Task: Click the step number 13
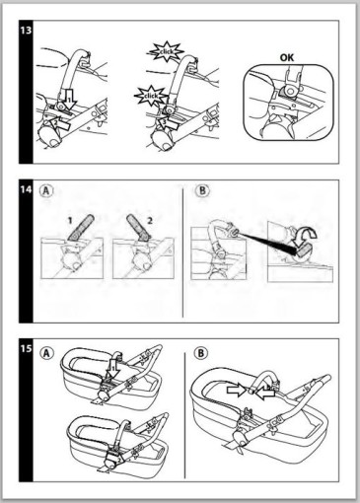click(26, 31)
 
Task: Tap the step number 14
click(26, 189)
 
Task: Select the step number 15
click(26, 348)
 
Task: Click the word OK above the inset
click(287, 58)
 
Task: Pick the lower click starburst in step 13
click(151, 96)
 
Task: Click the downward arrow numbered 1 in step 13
click(69, 98)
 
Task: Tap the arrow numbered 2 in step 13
click(59, 124)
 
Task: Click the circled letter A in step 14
click(46, 191)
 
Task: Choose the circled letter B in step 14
click(202, 190)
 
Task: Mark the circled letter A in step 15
click(46, 353)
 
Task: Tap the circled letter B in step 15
click(200, 353)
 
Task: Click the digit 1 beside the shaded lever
click(70, 220)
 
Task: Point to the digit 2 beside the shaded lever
click(150, 220)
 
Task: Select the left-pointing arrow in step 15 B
click(265, 393)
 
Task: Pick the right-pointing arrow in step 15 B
click(236, 391)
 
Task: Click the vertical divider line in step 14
click(183, 251)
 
